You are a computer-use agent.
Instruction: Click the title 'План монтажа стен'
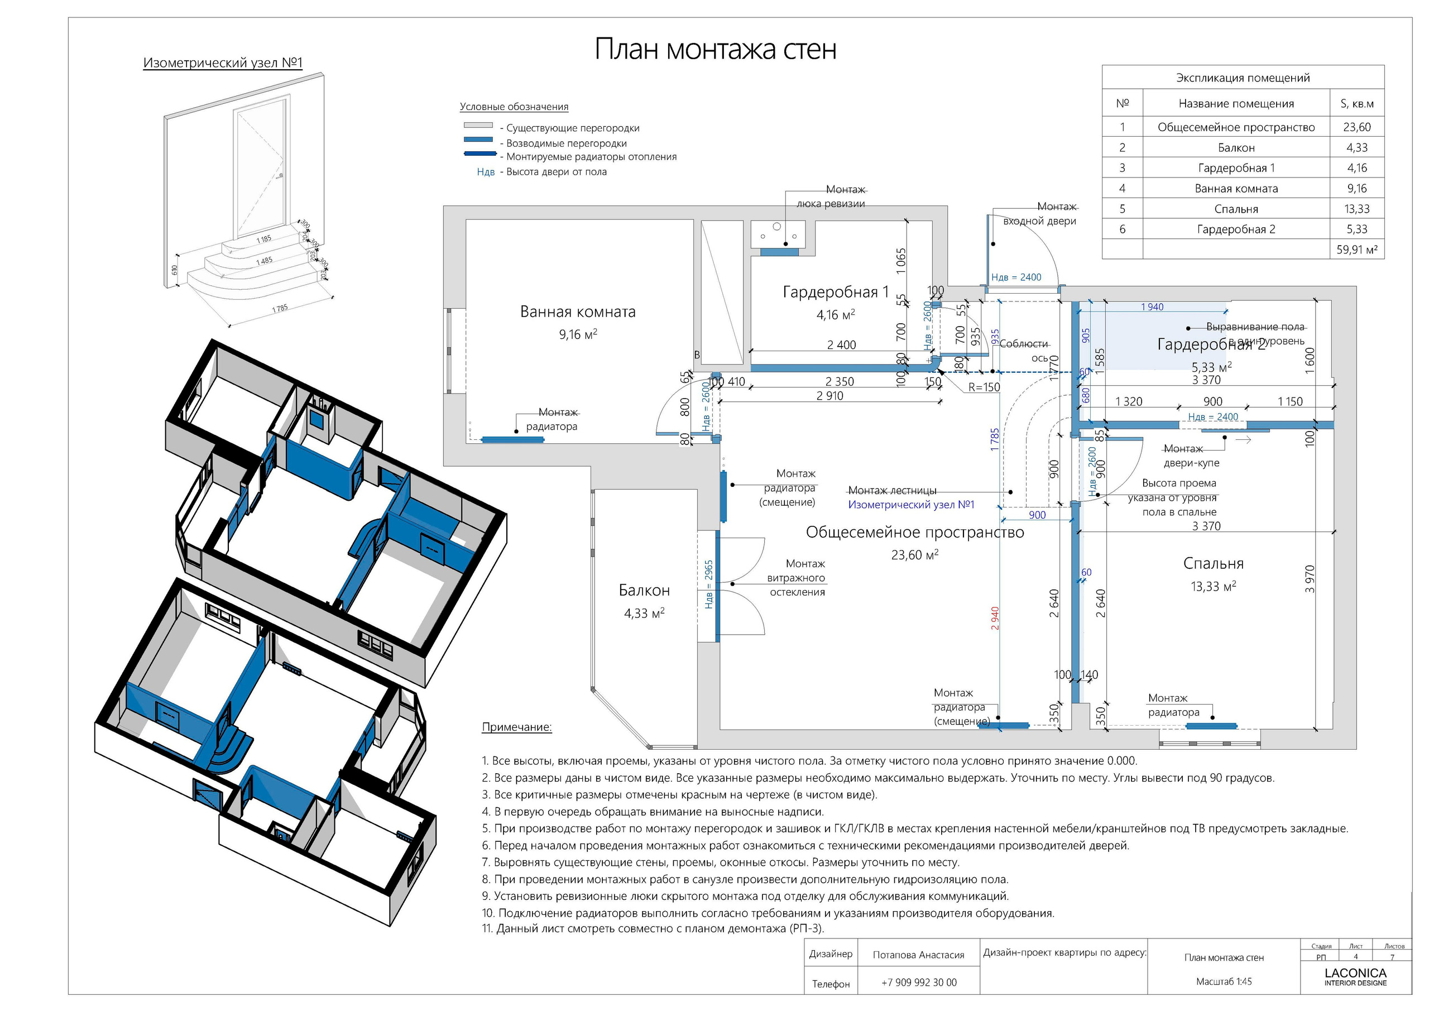coord(715,49)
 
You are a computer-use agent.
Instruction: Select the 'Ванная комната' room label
coord(578,312)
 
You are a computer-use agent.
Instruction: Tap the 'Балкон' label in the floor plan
coord(644,590)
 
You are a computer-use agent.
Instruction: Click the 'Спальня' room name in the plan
coord(1213,563)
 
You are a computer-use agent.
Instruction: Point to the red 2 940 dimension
coord(995,618)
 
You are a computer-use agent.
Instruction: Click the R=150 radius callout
coord(984,387)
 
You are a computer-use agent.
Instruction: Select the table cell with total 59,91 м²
coord(1356,250)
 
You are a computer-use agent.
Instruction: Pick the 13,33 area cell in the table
coord(1356,209)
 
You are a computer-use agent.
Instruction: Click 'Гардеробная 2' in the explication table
coord(1235,229)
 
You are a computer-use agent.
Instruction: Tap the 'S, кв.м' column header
coord(1356,104)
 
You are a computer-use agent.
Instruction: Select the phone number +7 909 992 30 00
coord(919,983)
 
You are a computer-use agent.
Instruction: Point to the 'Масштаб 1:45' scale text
coord(1223,982)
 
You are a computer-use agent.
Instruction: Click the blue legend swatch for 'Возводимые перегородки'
coord(478,141)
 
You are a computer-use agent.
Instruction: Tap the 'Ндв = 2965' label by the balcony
coord(709,584)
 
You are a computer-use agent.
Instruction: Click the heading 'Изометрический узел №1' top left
coord(222,63)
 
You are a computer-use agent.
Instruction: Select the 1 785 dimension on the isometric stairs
coord(280,308)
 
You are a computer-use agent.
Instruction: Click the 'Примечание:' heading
coord(516,727)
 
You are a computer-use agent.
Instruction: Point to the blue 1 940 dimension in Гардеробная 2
coord(1152,307)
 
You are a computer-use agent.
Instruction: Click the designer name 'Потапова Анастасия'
coord(918,955)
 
